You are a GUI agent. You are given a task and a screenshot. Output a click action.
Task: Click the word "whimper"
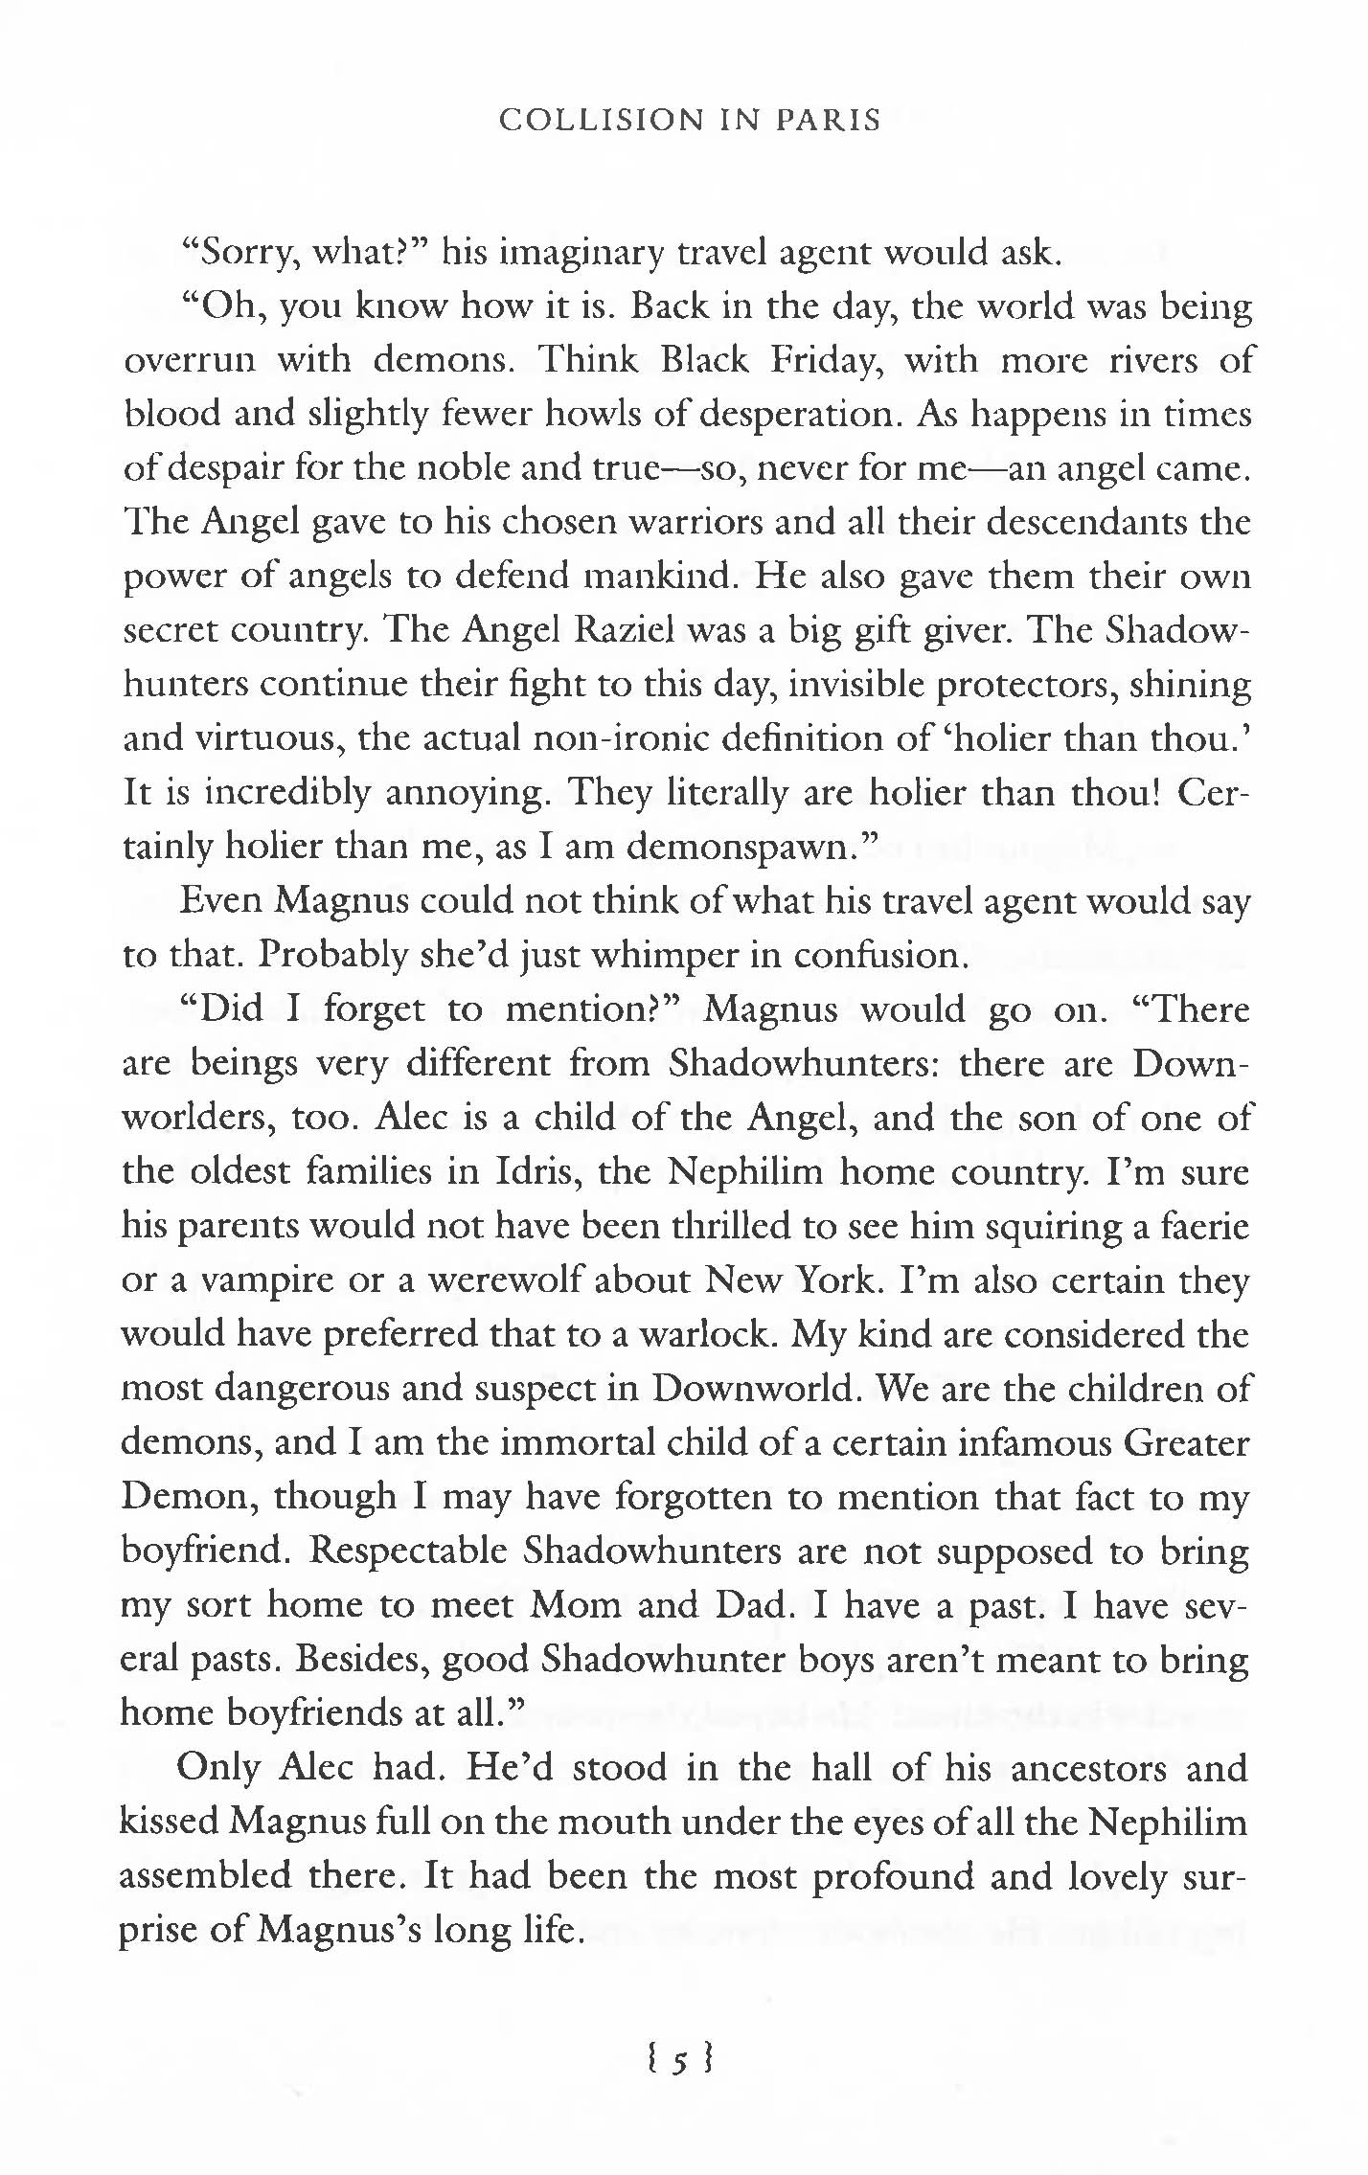[660, 955]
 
